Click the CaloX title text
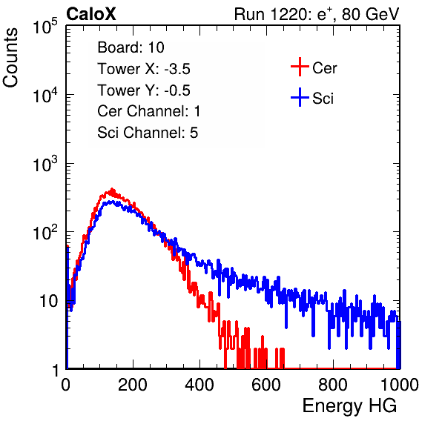[91, 14]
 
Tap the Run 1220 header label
[317, 14]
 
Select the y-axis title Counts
[10, 58]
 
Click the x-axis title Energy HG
[349, 406]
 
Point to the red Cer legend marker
[300, 67]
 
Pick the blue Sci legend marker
[300, 97]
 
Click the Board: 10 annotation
[131, 47]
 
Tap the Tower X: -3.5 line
[144, 69]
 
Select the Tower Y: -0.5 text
[144, 90]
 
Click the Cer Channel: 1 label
[149, 111]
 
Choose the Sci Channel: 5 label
[148, 133]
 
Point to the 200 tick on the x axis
[133, 385]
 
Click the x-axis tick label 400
[199, 385]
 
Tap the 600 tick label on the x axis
[266, 385]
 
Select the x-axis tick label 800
[333, 385]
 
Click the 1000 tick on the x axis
[400, 385]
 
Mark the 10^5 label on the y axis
[45, 26]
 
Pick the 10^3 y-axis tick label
[45, 164]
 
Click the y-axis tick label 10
[49, 301]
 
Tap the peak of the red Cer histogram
[112, 189]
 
